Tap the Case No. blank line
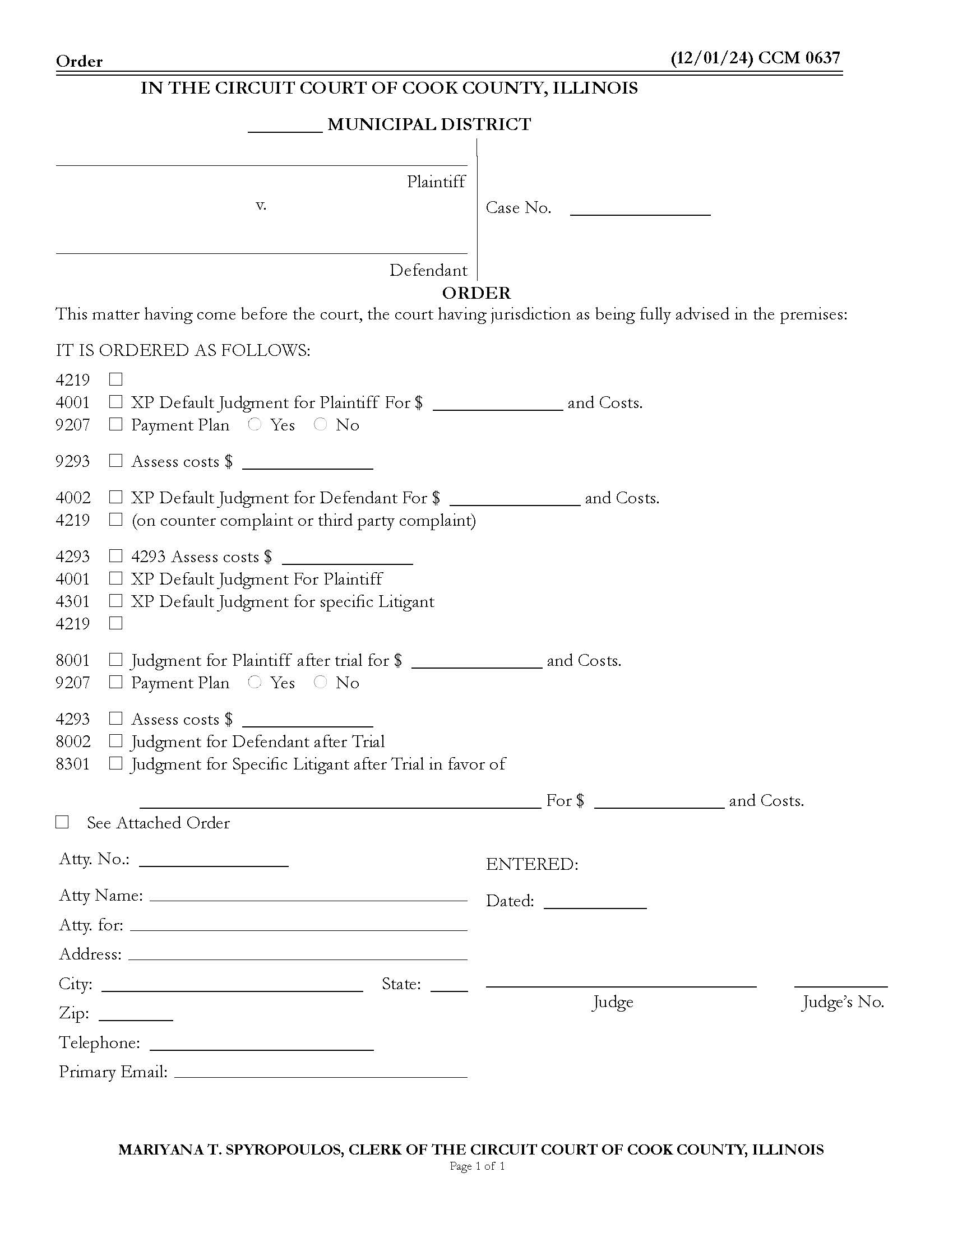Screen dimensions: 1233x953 click(x=640, y=211)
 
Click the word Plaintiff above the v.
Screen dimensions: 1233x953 click(x=436, y=182)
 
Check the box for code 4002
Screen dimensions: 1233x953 click(x=115, y=497)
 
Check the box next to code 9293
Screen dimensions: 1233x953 click(x=115, y=461)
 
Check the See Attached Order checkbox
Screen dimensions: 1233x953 click(x=62, y=822)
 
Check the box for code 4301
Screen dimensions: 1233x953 click(x=115, y=601)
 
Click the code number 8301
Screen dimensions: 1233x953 click(x=73, y=764)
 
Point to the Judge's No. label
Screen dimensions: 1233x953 click(x=843, y=1002)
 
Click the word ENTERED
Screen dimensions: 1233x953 click(x=531, y=864)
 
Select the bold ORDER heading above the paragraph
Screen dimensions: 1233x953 click(x=476, y=293)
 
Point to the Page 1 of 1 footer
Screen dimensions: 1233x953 click(x=476, y=1166)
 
